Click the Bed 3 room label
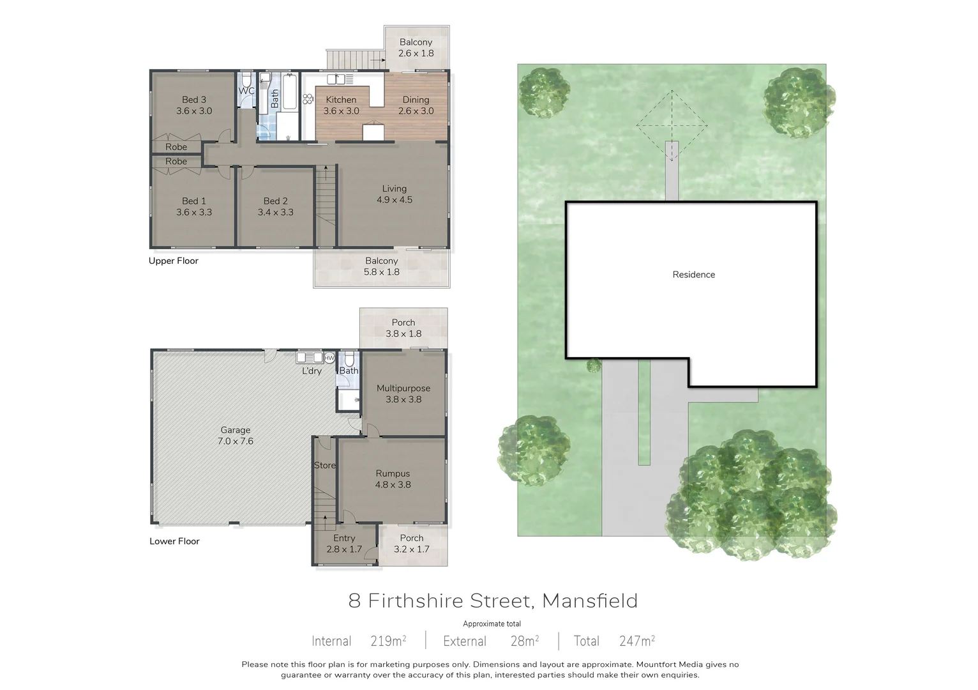coord(194,100)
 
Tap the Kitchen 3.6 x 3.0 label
coord(341,105)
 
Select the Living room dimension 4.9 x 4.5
coord(394,200)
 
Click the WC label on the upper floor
coord(246,91)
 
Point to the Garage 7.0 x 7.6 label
coord(235,436)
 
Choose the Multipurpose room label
coord(403,388)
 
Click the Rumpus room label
coord(393,473)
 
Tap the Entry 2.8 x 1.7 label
coord(344,544)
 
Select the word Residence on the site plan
coord(693,275)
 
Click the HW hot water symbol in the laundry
coord(329,358)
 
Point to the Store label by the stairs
coord(324,465)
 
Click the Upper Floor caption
coord(174,261)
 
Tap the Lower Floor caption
coord(174,541)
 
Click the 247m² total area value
coord(636,641)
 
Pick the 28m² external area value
coord(524,641)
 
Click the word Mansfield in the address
coord(589,601)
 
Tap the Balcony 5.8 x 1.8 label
coord(381,266)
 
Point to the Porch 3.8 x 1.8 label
coord(403,328)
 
